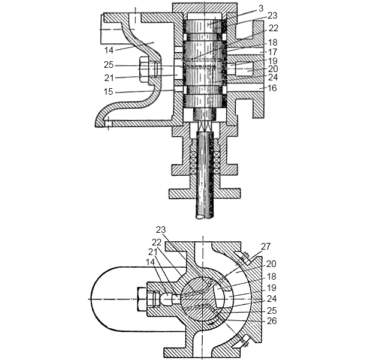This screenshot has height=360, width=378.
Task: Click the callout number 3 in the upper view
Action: (261, 8)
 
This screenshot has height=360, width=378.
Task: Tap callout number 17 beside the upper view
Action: (272, 52)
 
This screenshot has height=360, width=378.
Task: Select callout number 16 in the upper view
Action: (272, 88)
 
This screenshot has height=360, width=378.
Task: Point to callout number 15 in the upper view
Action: (108, 92)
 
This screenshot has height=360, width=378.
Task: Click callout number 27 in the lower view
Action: (266, 247)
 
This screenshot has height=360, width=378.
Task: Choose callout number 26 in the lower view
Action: (271, 321)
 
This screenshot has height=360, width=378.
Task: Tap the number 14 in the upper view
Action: (109, 50)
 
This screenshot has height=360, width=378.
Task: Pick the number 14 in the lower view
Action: (151, 262)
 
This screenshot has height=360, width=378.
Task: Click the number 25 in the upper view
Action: (109, 65)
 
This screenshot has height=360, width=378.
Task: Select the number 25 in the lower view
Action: (271, 311)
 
